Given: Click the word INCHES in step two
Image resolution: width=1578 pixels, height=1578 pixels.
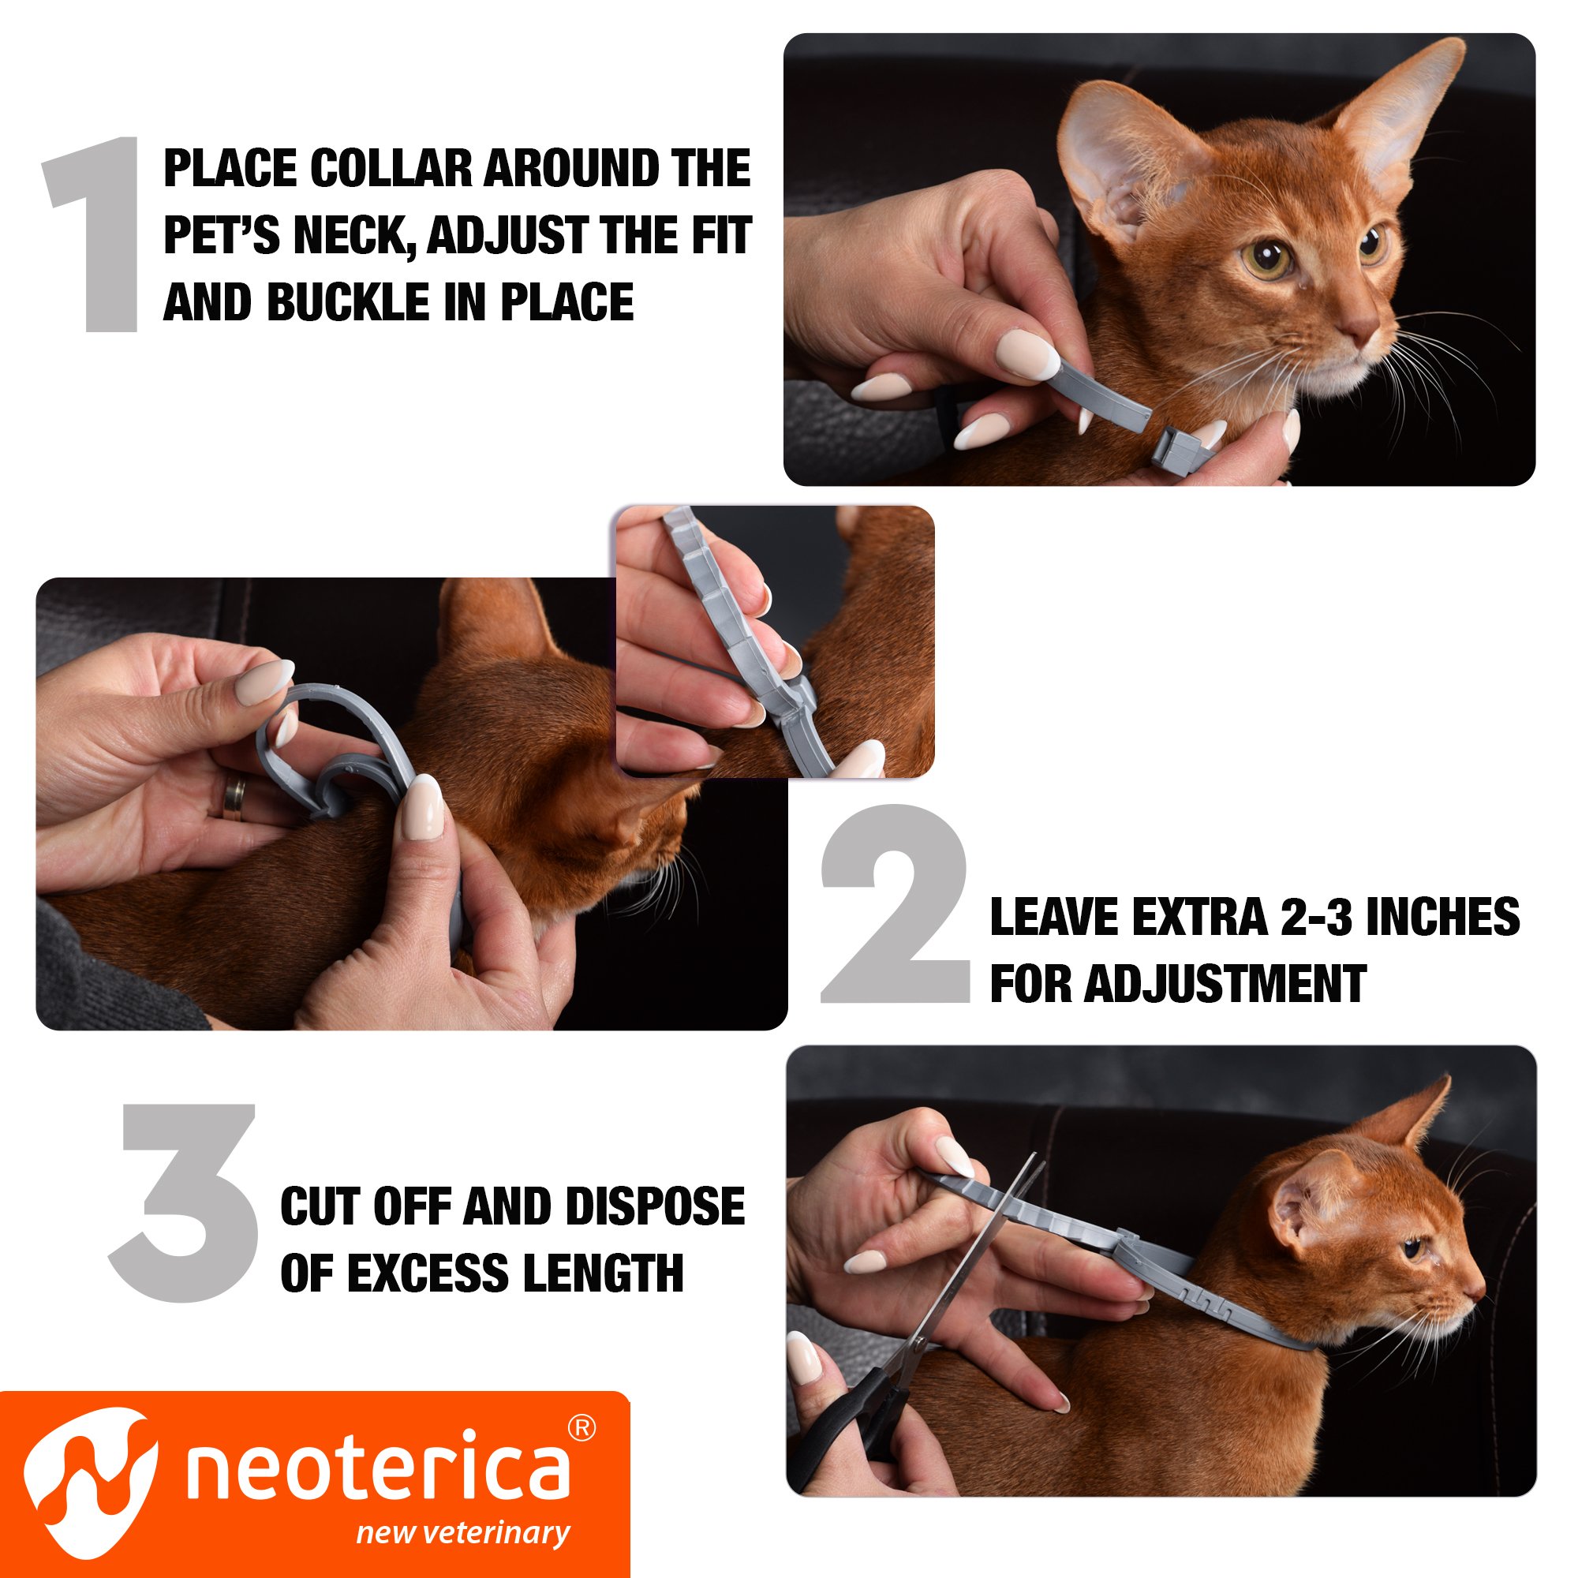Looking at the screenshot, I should [x=1442, y=918].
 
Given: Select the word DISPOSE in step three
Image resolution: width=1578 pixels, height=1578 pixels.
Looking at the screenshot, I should [x=654, y=1206].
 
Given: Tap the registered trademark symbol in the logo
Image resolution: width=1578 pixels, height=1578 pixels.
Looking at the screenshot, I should [x=581, y=1428].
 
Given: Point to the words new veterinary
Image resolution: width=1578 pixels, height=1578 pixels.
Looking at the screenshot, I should [x=462, y=1533].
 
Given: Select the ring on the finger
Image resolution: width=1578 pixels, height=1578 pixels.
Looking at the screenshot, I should [x=235, y=796].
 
